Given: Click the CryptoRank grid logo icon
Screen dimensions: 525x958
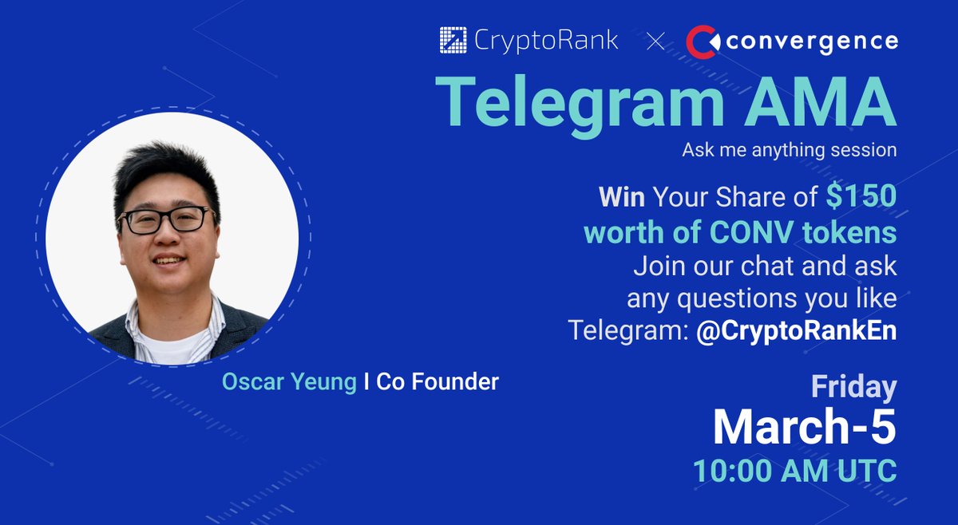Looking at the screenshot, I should pyautogui.click(x=453, y=41).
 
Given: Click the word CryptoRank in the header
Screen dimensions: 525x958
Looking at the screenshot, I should pyautogui.click(x=544, y=41).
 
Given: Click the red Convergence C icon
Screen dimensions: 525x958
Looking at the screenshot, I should pyautogui.click(x=702, y=41).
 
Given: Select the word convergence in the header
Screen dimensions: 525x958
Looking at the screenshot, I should pyautogui.click(x=812, y=41).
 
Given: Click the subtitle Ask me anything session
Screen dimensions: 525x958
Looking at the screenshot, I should pyautogui.click(x=789, y=150).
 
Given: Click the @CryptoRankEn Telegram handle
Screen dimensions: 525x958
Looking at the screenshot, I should pyautogui.click(x=796, y=330).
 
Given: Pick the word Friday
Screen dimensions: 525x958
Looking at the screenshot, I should pyautogui.click(x=853, y=388).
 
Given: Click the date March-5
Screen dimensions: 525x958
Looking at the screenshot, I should pyautogui.click(x=804, y=428).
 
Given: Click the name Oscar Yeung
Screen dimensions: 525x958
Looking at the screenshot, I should pyautogui.click(x=289, y=382).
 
